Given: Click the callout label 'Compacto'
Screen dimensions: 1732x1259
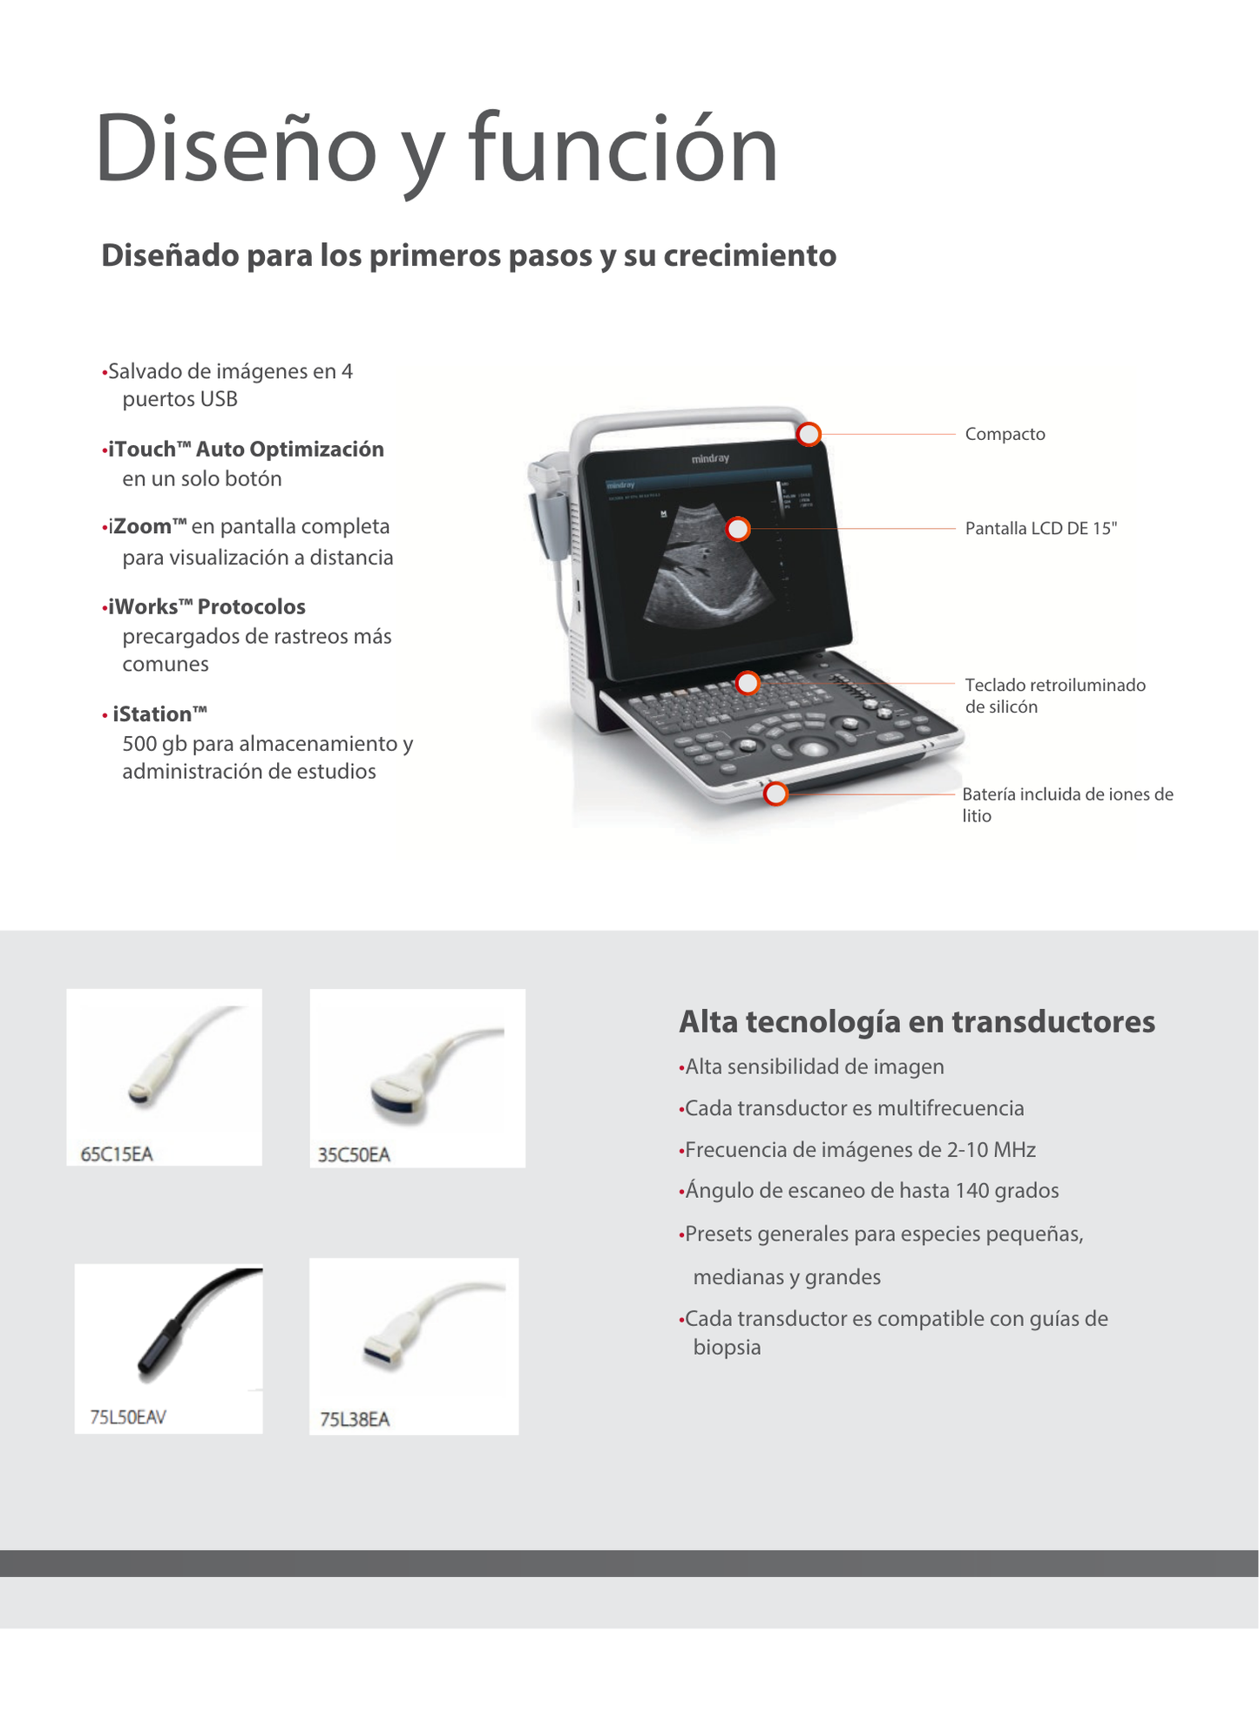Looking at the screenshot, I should point(1005,434).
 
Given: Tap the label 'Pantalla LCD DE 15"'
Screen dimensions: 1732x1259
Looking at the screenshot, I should point(1040,528).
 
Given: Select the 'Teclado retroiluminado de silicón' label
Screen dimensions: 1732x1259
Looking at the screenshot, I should point(1054,695).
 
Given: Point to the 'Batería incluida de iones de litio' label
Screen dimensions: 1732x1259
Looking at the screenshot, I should point(1066,804).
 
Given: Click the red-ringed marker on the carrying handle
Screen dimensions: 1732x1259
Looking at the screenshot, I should point(809,434).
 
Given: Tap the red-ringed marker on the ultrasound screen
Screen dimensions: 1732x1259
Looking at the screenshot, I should point(738,529).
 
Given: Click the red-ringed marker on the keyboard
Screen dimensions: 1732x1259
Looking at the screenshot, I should point(748,683).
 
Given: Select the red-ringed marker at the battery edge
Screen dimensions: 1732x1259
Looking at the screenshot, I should point(775,794).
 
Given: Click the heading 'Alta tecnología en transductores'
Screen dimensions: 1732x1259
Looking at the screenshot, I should point(917,1021).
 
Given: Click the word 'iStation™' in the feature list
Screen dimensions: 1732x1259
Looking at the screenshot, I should point(159,714).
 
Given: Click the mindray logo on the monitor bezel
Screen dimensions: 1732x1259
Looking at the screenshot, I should point(710,458).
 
